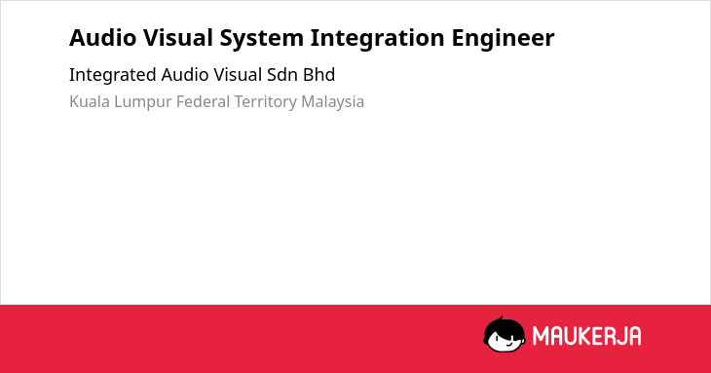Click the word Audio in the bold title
(102, 38)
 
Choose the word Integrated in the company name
(112, 75)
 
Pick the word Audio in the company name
(184, 75)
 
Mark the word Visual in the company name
(238, 75)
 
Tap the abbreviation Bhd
(319, 75)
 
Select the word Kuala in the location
(90, 101)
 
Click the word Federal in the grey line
(203, 101)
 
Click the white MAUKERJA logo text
(586, 336)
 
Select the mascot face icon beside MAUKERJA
(505, 335)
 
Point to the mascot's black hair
(504, 327)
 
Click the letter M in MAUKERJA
(541, 336)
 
